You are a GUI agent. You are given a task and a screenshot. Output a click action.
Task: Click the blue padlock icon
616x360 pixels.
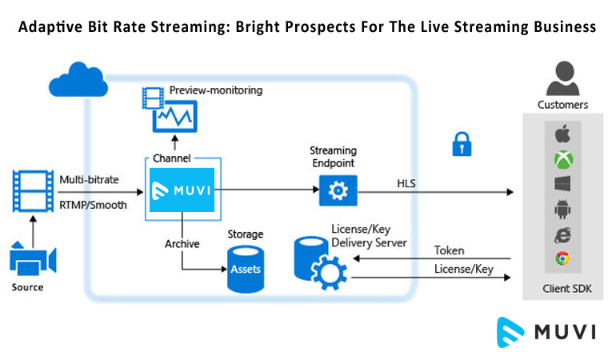[x=461, y=144]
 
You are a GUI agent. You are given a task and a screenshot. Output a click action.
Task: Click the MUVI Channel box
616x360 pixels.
[x=182, y=190]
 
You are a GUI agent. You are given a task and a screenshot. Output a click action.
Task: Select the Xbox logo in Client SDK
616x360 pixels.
[x=562, y=160]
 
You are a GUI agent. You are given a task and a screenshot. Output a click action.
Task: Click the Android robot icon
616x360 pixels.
[x=562, y=210]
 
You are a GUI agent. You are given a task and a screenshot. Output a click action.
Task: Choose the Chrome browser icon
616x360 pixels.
[x=562, y=259]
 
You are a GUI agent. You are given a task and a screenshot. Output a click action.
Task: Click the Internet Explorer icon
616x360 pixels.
[x=562, y=234]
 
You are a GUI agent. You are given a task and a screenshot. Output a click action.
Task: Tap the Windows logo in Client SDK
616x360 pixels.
[x=562, y=185]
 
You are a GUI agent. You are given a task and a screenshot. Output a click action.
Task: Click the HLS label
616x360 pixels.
[x=406, y=184]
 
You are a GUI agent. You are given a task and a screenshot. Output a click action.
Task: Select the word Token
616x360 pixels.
[x=448, y=250]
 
